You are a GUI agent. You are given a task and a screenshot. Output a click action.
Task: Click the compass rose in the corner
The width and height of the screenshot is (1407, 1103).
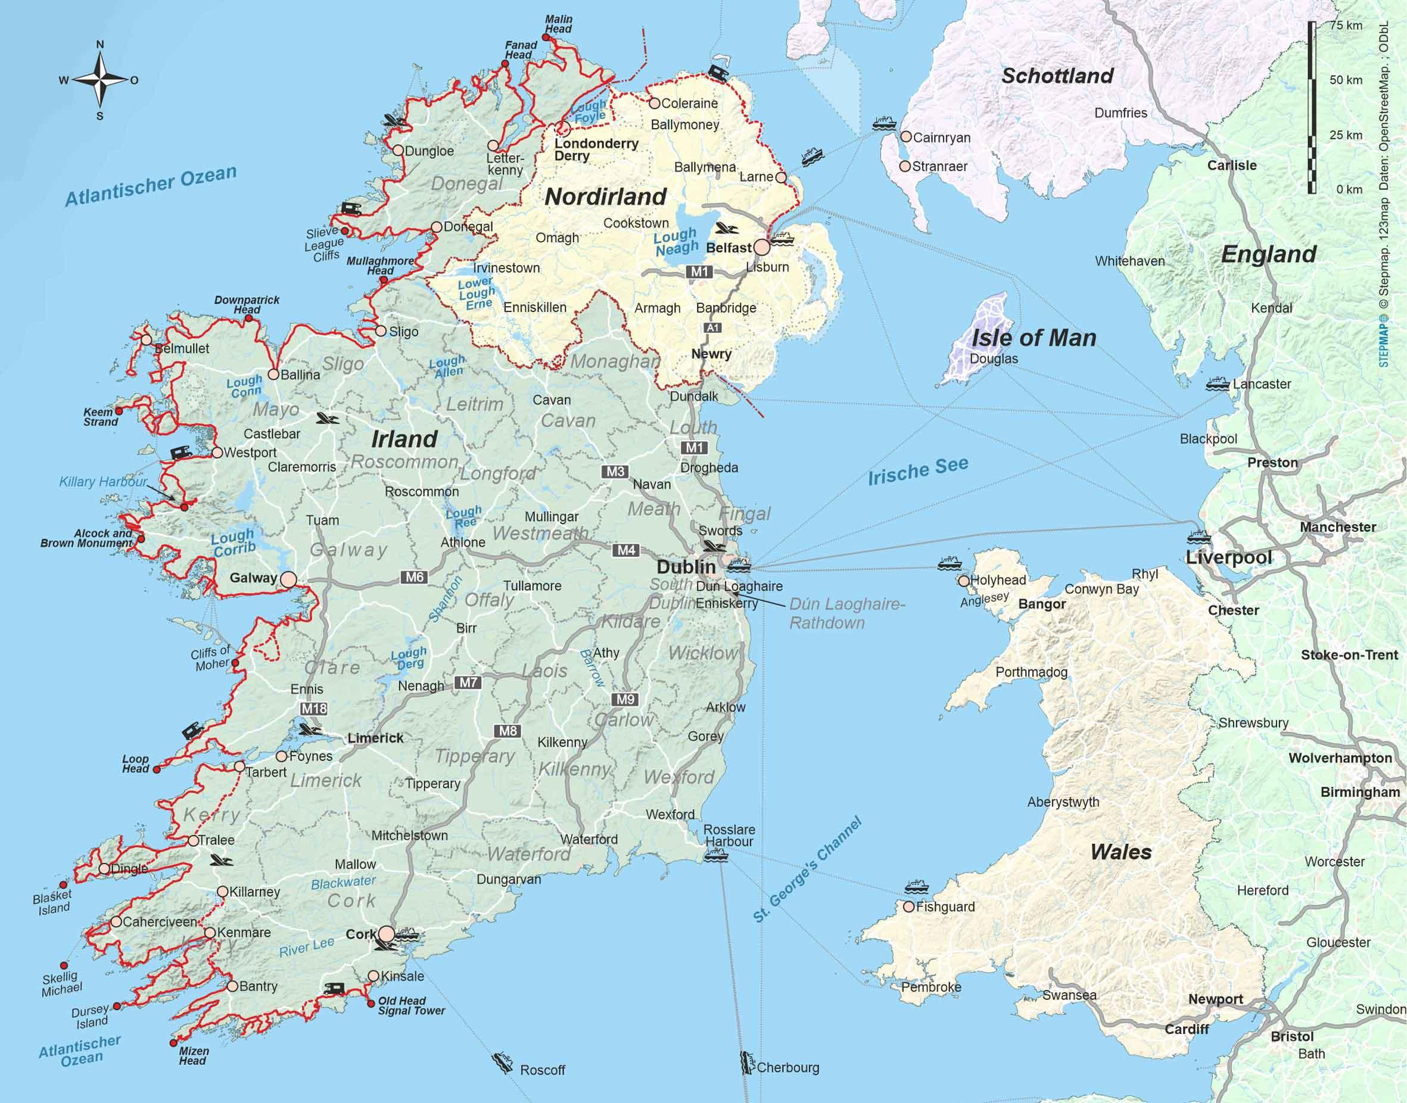point(100,80)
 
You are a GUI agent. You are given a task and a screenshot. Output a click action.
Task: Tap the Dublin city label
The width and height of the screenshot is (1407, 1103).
point(686,567)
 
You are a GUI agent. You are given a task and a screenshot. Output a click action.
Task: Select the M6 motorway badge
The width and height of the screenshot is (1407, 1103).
point(414,577)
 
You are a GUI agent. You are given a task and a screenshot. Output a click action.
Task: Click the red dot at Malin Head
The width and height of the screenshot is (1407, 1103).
point(546,38)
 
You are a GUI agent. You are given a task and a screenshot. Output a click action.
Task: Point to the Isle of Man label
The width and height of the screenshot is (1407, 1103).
point(1034,338)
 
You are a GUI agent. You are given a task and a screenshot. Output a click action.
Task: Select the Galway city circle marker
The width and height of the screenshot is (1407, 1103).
point(288,579)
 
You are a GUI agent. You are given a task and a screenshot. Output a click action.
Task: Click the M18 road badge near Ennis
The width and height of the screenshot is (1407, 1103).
point(314,708)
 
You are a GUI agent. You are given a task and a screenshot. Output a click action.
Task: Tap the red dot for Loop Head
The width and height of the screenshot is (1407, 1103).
point(156,769)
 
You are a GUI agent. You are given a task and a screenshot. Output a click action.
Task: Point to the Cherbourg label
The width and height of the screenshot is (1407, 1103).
point(787,1067)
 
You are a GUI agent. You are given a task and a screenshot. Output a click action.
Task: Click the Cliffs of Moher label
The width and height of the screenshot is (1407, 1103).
point(210,658)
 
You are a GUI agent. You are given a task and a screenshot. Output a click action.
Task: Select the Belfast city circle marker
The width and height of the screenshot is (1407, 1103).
point(762,247)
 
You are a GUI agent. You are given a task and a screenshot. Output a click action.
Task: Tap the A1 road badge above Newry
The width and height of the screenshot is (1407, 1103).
point(712,328)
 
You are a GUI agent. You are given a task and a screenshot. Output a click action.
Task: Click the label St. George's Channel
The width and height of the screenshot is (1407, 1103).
point(807,871)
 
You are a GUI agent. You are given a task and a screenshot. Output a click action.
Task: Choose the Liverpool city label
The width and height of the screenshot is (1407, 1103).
point(1228,557)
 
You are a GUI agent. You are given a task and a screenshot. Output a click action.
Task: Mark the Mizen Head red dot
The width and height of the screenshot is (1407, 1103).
point(173,1043)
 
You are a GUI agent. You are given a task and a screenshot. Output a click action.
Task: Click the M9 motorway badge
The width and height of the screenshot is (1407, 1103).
point(625,699)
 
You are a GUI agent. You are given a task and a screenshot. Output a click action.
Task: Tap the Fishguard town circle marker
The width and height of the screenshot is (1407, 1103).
point(909,906)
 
